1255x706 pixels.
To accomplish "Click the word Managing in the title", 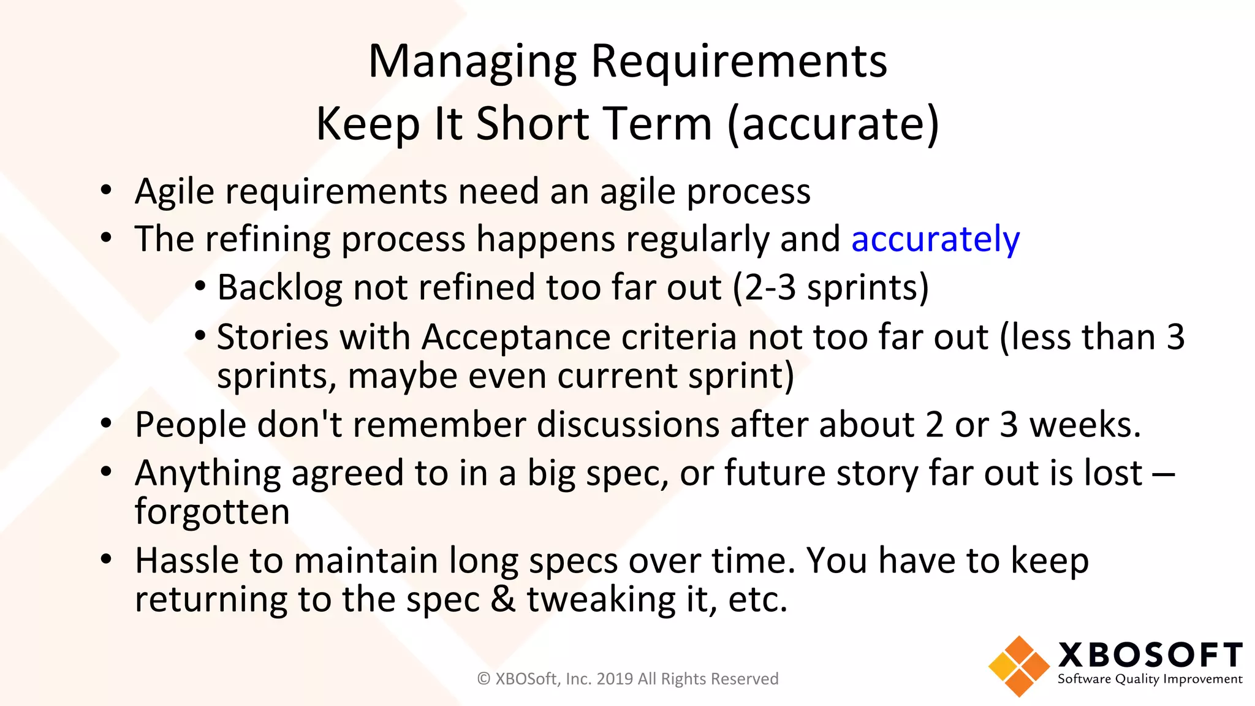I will click(x=472, y=63).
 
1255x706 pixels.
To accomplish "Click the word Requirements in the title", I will click(x=738, y=63).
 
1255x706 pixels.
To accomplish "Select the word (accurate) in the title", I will click(x=833, y=124).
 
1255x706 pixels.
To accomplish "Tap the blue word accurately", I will click(x=935, y=239).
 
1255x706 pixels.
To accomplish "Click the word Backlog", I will click(x=279, y=287).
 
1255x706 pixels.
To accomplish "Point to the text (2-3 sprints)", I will click(x=831, y=287).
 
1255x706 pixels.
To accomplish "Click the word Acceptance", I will click(x=516, y=337).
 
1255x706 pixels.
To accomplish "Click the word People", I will click(x=191, y=425).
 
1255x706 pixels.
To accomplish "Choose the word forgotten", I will click(x=212, y=512).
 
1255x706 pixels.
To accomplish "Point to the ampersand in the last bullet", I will click(x=502, y=599).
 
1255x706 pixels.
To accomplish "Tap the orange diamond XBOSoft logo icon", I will click(x=1018, y=666).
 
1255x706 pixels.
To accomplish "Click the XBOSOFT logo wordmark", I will click(x=1150, y=655).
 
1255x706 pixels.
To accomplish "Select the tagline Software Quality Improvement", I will click(x=1150, y=679).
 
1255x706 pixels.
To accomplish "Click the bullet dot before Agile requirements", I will click(x=107, y=190).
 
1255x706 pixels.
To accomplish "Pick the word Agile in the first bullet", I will click(x=175, y=192).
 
